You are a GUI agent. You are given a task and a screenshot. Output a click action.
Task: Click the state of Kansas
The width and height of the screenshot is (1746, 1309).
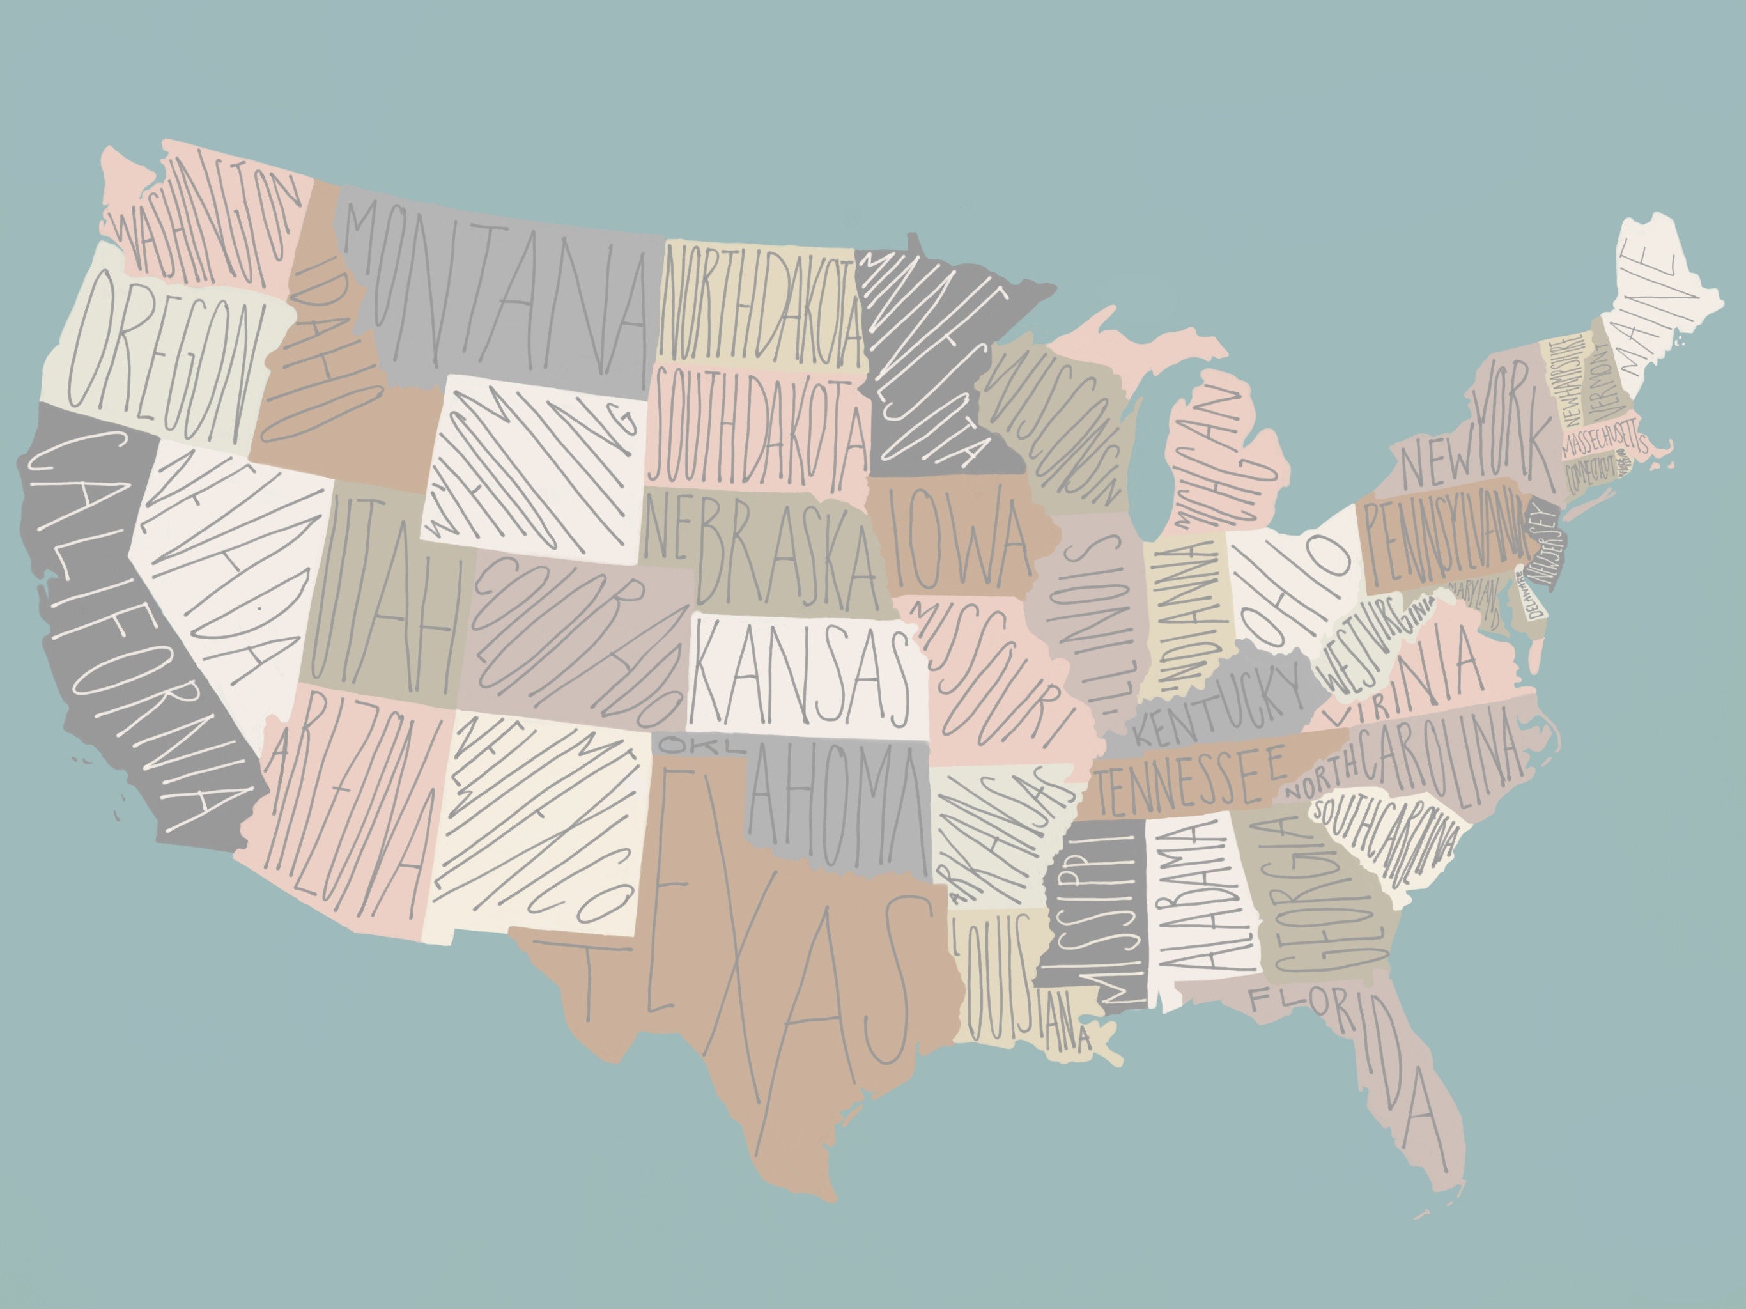pos(801,675)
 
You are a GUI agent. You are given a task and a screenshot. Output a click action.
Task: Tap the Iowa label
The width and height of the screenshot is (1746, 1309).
pos(959,537)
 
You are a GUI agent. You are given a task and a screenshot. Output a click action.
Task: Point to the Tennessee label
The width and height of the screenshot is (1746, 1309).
pos(1192,778)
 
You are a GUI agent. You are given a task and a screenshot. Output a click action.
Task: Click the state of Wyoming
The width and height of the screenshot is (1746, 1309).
pos(537,466)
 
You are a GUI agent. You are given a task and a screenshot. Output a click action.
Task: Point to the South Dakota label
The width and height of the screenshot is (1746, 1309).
pos(758,426)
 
